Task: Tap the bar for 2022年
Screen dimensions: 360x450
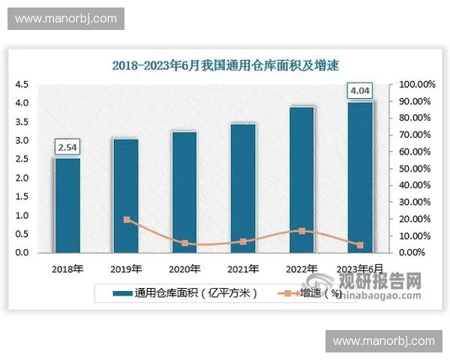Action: pos(301,179)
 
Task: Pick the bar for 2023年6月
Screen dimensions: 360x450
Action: pos(360,177)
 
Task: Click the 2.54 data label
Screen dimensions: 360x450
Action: pos(67,147)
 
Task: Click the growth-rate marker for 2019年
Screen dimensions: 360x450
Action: pos(126,220)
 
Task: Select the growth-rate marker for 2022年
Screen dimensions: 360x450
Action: pos(301,231)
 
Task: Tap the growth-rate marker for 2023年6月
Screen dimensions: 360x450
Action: pos(360,245)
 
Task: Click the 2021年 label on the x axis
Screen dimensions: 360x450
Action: pos(243,268)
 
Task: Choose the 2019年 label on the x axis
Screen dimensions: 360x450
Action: pos(126,268)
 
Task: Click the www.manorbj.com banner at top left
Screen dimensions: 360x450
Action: pos(66,16)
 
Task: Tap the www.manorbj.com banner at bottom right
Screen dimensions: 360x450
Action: pos(383,341)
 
